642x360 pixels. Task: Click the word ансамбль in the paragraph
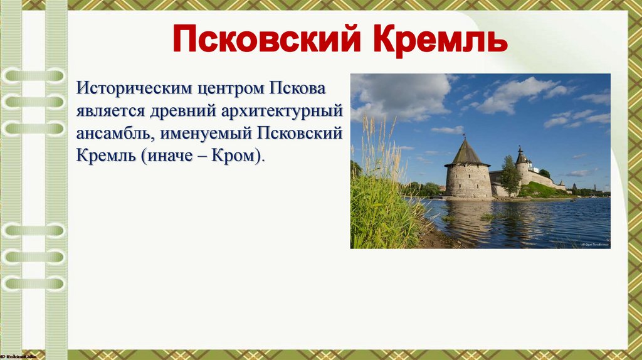click(x=116, y=133)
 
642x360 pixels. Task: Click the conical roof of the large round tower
click(x=467, y=154)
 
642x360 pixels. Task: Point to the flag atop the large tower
click(x=464, y=134)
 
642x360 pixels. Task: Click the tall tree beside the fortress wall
click(x=510, y=176)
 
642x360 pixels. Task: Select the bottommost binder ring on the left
click(x=34, y=283)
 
